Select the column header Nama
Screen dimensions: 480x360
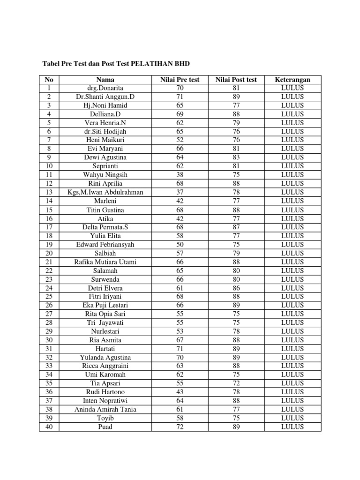[105, 79]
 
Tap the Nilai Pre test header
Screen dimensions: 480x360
[180, 79]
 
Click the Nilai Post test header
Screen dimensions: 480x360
[236, 79]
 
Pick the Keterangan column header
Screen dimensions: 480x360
[292, 79]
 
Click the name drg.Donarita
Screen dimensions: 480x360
[105, 88]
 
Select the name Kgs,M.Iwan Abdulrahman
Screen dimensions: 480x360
[105, 192]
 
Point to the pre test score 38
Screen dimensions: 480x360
[180, 175]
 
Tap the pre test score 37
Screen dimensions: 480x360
[180, 192]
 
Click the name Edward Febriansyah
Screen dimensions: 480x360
[105, 244]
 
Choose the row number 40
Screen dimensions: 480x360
[49, 427]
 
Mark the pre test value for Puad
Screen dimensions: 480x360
[180, 427]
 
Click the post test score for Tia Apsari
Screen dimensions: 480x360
[236, 383]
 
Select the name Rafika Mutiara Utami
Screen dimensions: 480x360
[105, 262]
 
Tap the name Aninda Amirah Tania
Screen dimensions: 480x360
[105, 409]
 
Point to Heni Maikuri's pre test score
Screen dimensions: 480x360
[180, 140]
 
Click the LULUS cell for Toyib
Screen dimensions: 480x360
[292, 418]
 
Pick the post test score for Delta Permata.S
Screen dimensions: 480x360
[236, 227]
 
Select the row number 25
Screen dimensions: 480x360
[49, 296]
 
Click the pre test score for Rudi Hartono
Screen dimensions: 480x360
[180, 392]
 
